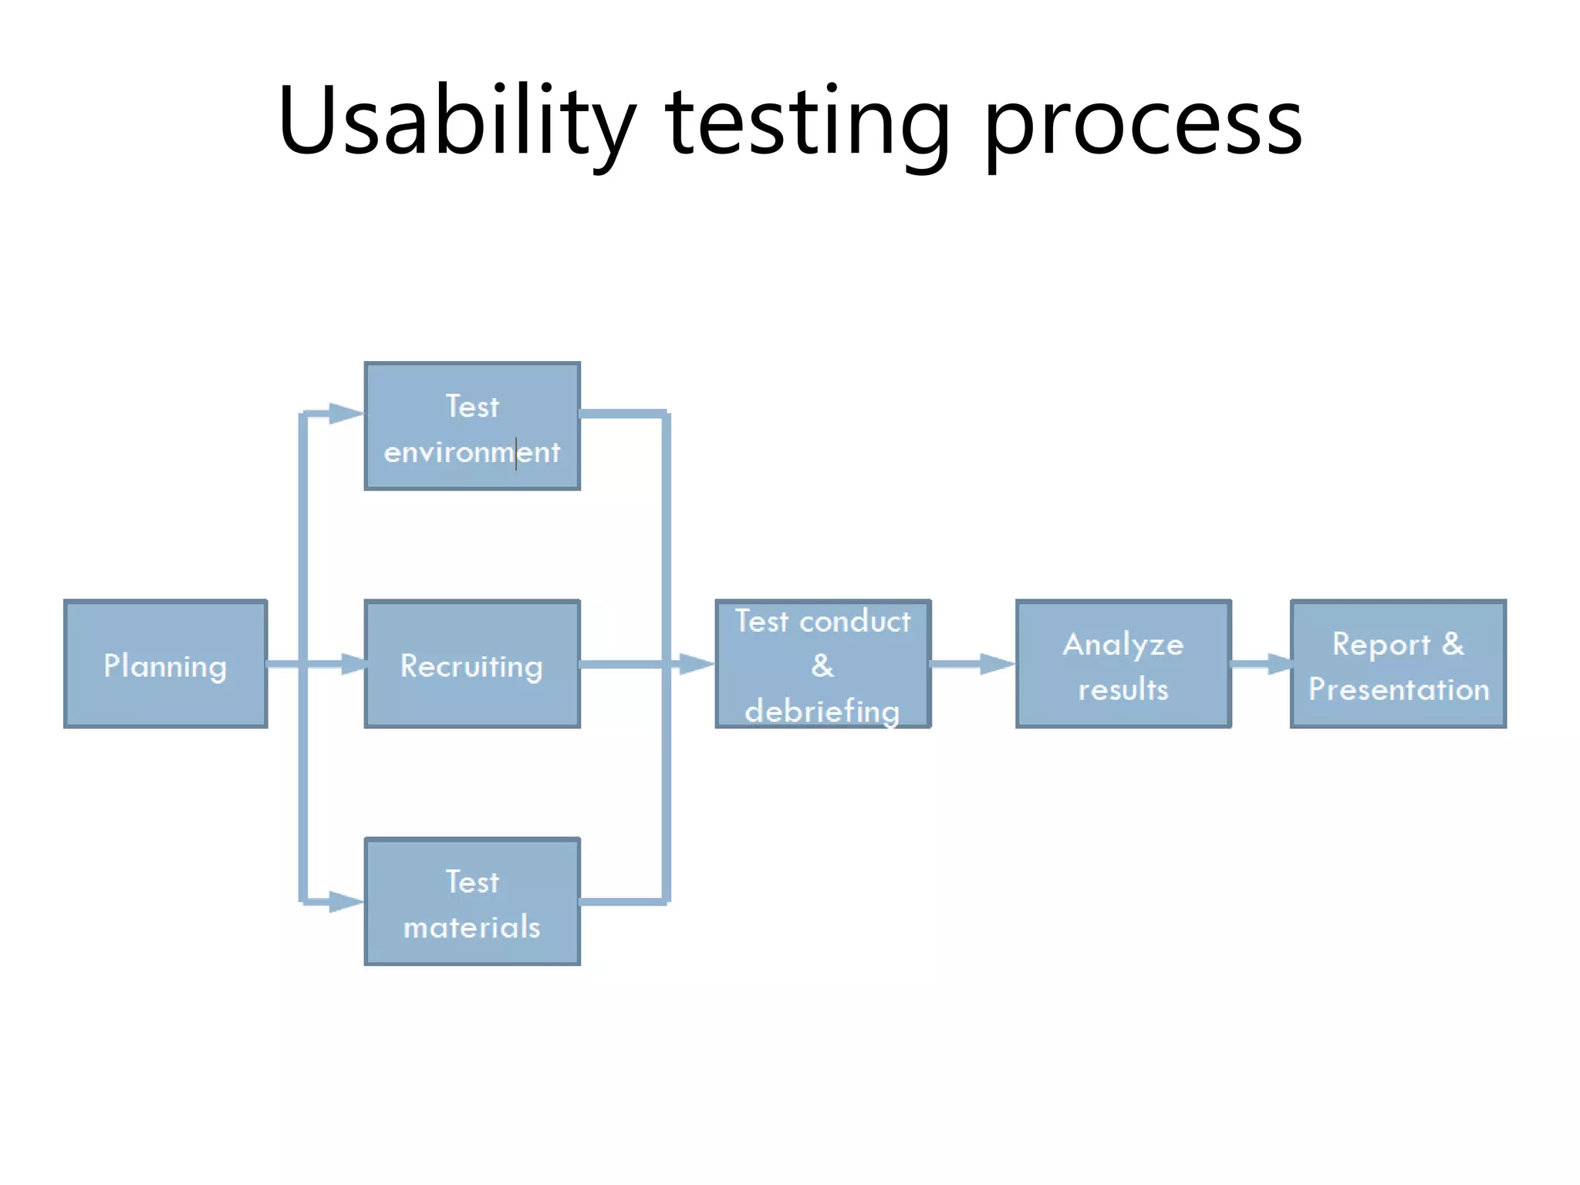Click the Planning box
165,664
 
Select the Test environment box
472,426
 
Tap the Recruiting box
472,664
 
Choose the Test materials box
472,901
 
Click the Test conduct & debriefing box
823,664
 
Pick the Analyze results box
1123,664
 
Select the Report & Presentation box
1398,664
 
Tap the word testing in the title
807,123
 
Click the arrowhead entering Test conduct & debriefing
696,664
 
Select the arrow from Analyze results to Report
1261,664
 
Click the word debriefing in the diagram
822,711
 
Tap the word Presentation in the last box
1399,689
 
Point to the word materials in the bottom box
472,927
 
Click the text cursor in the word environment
516,453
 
